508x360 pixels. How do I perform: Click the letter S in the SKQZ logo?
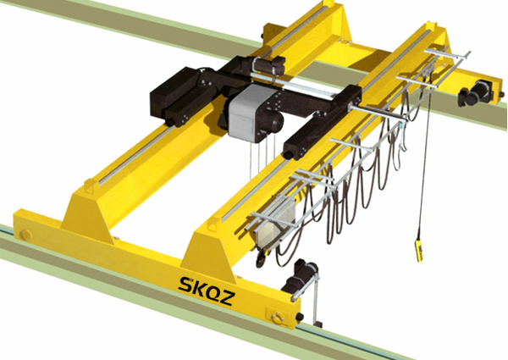185,285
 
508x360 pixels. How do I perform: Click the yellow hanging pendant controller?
419,250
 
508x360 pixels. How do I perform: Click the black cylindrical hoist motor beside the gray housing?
272,121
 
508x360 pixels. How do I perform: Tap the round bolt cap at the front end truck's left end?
25,235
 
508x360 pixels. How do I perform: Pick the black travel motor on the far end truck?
476,91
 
